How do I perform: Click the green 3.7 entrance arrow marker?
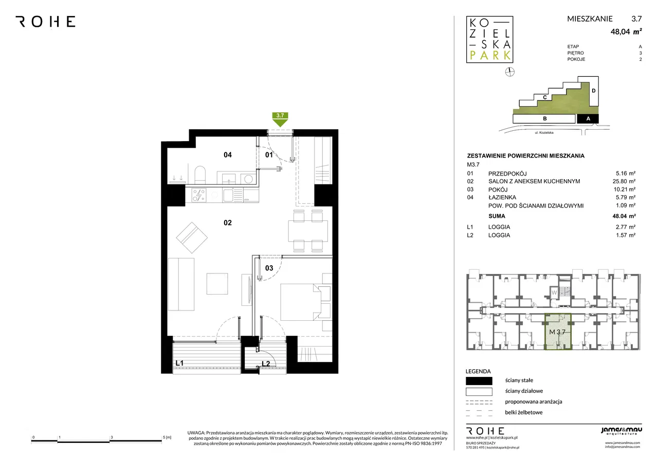point(280,119)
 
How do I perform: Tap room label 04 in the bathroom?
point(228,155)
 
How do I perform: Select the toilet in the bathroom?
point(200,175)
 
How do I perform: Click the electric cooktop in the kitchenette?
point(199,195)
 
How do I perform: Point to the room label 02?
point(228,223)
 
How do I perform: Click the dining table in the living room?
point(308,231)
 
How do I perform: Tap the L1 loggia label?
point(179,363)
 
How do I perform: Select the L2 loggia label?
point(266,364)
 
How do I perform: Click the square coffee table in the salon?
point(217,284)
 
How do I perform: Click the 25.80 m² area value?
point(624,181)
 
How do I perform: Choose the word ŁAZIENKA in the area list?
point(502,197)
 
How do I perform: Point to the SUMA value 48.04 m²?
point(624,216)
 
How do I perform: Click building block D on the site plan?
point(594,91)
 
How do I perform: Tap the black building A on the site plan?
point(588,118)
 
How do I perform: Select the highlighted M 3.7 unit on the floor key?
point(558,332)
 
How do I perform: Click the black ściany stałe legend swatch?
point(479,381)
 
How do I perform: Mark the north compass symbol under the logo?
point(510,72)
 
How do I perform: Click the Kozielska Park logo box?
point(490,40)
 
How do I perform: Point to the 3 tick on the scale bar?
point(110,439)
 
